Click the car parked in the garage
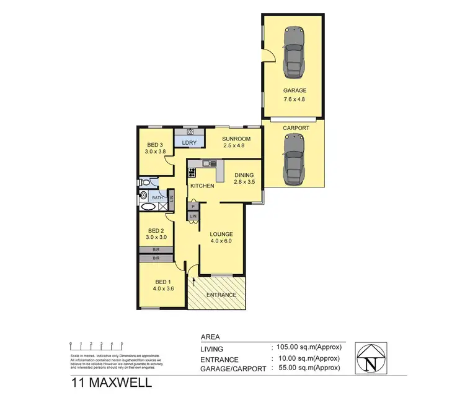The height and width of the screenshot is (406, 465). coord(292,50)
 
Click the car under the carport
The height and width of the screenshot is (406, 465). coord(292,159)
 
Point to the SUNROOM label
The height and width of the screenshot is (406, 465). coord(236,139)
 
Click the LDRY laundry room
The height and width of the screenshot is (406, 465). coord(189,143)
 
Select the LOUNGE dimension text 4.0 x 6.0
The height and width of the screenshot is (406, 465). coord(221,242)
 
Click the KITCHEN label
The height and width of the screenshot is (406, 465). coord(202,186)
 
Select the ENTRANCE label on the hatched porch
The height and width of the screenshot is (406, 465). coord(222,295)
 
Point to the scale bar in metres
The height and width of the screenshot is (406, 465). coord(97,345)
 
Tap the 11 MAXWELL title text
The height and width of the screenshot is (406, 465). coord(109,383)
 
